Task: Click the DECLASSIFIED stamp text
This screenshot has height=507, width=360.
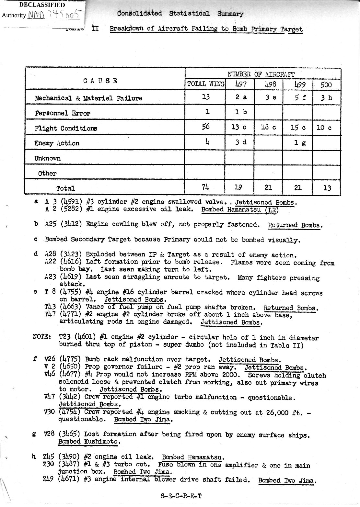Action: (x=42, y=5)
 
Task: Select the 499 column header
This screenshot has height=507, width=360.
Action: (x=298, y=84)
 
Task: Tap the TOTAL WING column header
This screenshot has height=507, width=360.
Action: (x=205, y=84)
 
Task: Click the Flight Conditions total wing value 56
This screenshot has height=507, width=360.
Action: (x=205, y=127)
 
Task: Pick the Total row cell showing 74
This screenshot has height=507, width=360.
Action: (x=205, y=187)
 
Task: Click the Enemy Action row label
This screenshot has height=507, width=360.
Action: (x=57, y=143)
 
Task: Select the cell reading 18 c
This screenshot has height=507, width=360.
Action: (x=269, y=127)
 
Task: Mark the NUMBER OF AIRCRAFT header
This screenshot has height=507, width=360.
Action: (x=261, y=74)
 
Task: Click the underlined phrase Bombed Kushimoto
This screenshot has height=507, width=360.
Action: (x=89, y=442)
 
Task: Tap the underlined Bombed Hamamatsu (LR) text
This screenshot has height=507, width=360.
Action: (x=239, y=209)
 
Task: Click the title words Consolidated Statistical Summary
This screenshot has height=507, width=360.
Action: (x=180, y=14)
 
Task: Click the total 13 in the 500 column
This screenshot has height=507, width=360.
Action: (x=327, y=187)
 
